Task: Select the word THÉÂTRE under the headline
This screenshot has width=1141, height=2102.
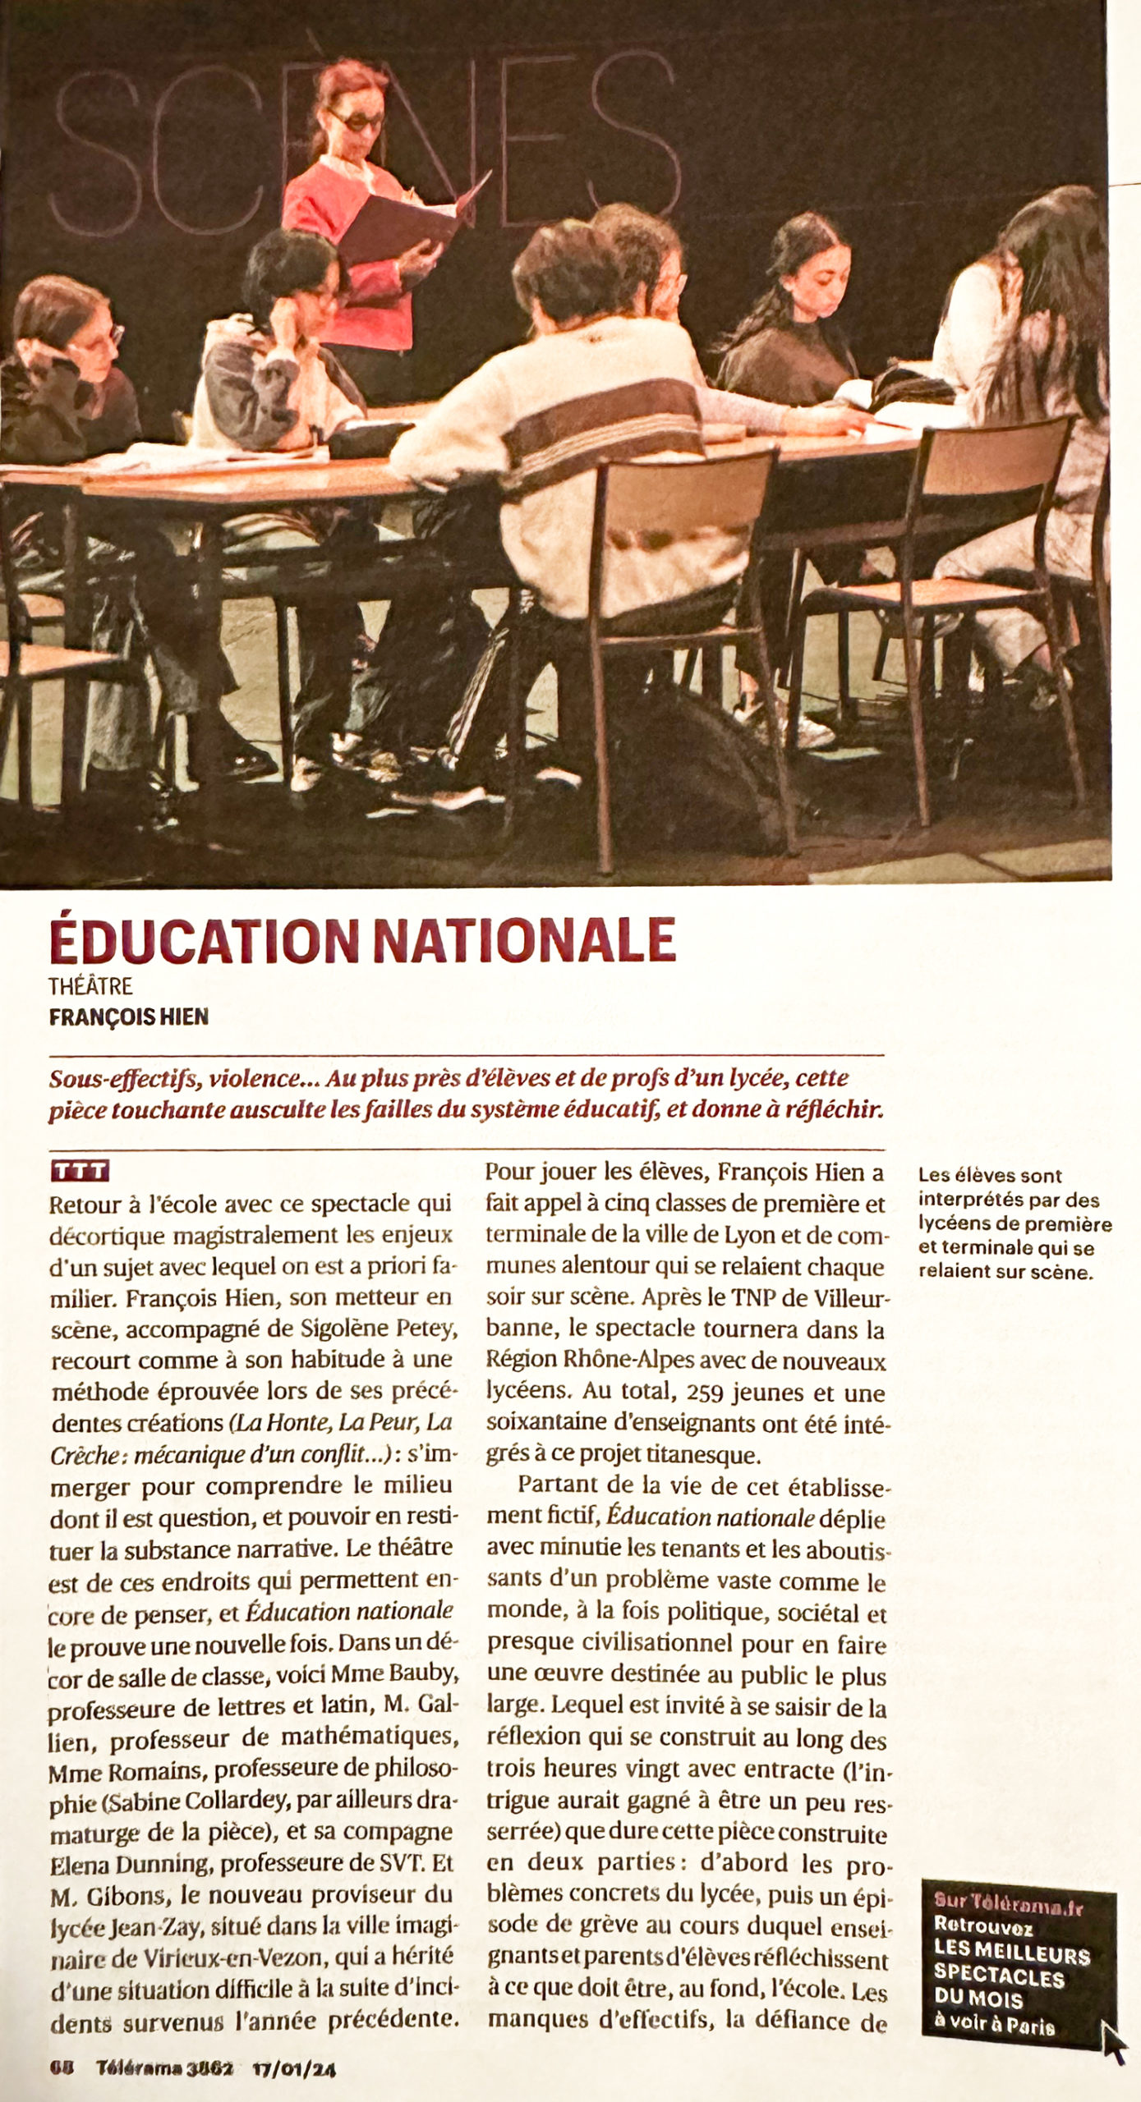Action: tap(90, 986)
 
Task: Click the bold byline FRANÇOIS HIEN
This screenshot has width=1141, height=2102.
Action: tap(129, 1017)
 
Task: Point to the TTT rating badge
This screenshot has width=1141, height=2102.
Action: tap(79, 1171)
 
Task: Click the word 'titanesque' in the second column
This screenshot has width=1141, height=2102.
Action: tap(710, 1455)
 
